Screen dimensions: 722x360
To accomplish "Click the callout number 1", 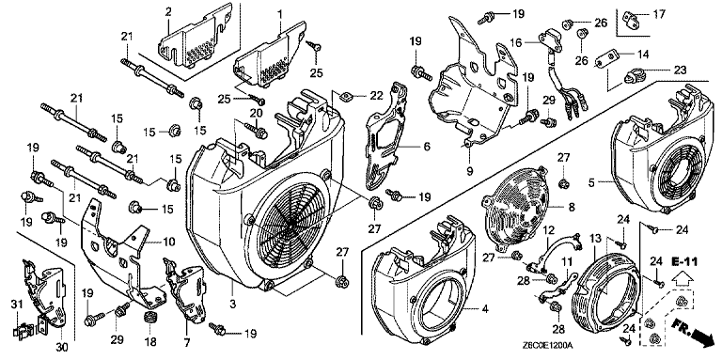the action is [279, 14].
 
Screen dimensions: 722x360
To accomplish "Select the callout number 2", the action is [168, 12].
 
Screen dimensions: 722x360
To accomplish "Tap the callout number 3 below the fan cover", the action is [232, 305].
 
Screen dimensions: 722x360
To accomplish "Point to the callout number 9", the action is [470, 172].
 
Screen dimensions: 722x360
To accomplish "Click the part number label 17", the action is [659, 14].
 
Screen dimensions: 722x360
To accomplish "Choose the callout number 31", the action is [17, 304].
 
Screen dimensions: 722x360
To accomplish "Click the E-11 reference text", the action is [684, 262].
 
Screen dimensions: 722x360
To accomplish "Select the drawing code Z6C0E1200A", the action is [550, 345].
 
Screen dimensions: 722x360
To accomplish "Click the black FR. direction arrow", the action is [698, 331].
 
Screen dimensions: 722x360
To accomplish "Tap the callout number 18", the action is [150, 342].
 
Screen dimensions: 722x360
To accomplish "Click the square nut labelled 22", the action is [346, 95].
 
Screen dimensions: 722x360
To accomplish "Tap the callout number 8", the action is [572, 208].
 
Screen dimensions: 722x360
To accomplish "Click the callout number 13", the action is [595, 239].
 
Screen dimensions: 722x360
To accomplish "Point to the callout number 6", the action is [427, 147].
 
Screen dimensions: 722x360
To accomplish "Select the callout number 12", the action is [548, 229].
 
